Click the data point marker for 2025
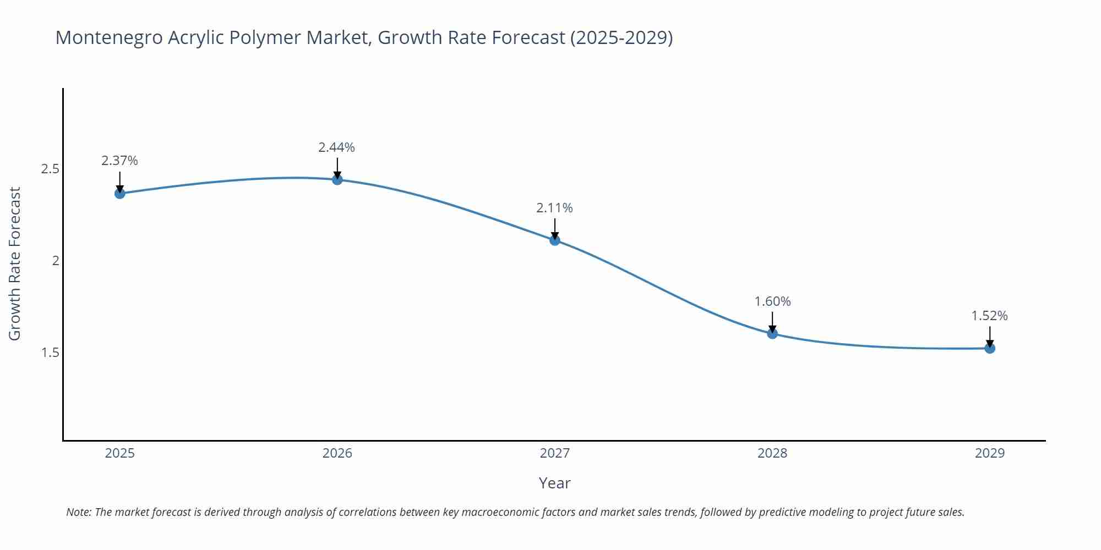[119, 193]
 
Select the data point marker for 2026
[337, 179]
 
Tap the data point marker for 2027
[554, 240]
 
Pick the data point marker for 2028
[772, 333]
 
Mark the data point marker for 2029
[989, 348]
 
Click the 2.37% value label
[119, 161]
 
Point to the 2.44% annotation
[336, 147]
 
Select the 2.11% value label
[554, 208]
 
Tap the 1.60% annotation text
[772, 301]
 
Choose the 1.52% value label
[989, 316]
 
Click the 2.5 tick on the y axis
[50, 169]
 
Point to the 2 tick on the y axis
[55, 261]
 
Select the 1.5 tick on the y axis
[50, 353]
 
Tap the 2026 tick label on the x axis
[337, 453]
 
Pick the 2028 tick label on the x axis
[772, 453]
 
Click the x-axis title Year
[554, 483]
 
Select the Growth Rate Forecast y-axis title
[15, 263]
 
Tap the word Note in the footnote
[78, 512]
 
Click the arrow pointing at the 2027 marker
[554, 229]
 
